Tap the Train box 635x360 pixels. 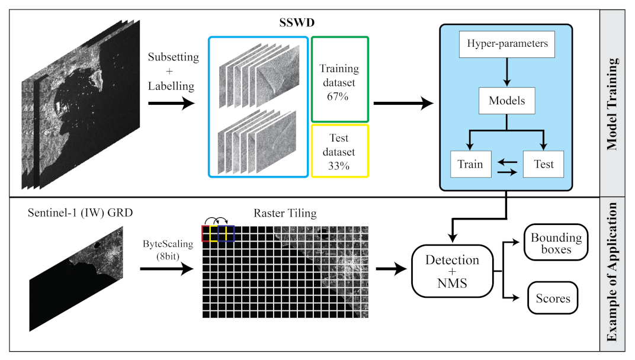(470, 163)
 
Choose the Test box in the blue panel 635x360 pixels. (543, 163)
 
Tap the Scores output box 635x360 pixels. (553, 298)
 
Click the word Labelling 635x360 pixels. (171, 86)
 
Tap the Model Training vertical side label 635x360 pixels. (612, 104)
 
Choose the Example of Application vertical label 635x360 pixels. (612, 272)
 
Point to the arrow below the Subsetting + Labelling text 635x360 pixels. (171, 104)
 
